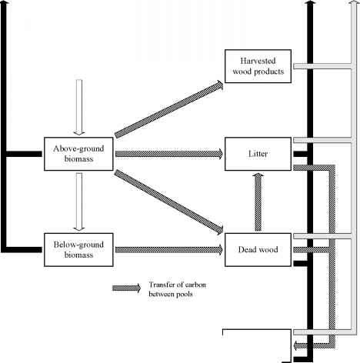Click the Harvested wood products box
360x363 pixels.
258,66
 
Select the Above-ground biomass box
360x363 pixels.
78,154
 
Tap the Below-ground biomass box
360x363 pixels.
78,250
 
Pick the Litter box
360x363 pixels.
258,154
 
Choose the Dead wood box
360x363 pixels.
258,250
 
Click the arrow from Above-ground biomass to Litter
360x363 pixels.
169,154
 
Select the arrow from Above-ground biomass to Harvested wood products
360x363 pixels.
169,108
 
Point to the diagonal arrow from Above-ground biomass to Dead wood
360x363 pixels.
169,202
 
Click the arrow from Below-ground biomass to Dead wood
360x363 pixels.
169,250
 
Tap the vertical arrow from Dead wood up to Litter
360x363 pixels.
258,201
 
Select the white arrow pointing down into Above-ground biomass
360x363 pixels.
79,107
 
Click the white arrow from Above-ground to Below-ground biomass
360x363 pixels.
79,201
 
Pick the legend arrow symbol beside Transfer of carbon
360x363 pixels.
126,288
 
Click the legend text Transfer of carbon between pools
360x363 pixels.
177,289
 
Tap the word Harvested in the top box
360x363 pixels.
258,61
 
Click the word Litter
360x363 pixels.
258,154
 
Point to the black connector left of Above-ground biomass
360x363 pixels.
24,154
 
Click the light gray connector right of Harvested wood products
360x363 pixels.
322,66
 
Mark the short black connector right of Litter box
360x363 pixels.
300,154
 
